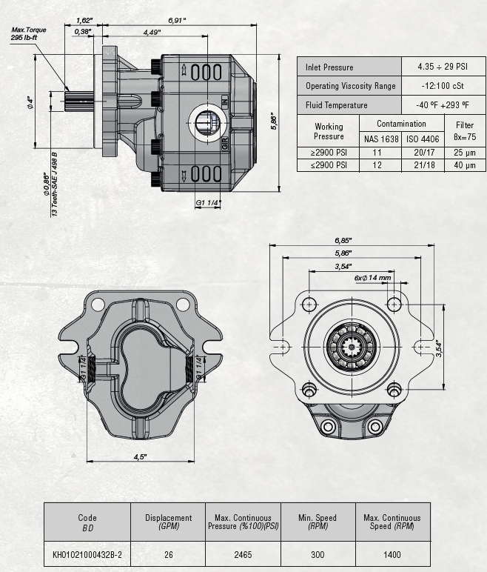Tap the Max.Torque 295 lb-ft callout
28,33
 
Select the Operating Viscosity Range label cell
350,86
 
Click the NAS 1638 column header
380,139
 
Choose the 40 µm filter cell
465,165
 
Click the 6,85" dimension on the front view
343,241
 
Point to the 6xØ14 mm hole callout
372,278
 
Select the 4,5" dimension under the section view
140,456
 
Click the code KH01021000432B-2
87,553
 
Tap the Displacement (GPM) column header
169,522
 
